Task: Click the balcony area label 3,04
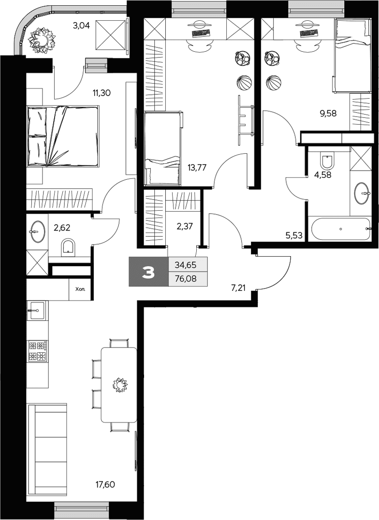coord(81,25)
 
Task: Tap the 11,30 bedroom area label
coord(102,93)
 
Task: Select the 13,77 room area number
coord(197,168)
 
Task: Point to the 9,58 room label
coord(328,114)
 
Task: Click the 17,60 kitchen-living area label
coord(105,485)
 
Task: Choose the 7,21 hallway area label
coord(238,288)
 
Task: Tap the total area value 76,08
coord(188,279)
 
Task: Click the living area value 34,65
coord(188,265)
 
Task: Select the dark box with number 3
coord(149,272)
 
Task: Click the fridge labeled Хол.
coord(80,289)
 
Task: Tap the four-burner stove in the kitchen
coord(37,351)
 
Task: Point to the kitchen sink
coord(37,310)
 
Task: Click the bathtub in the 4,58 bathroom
coord(340,229)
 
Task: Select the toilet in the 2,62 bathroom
coord(69,247)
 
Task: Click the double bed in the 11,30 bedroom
coord(63,136)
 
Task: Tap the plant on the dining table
coord(119,385)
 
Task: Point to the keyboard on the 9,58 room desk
coord(309,33)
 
